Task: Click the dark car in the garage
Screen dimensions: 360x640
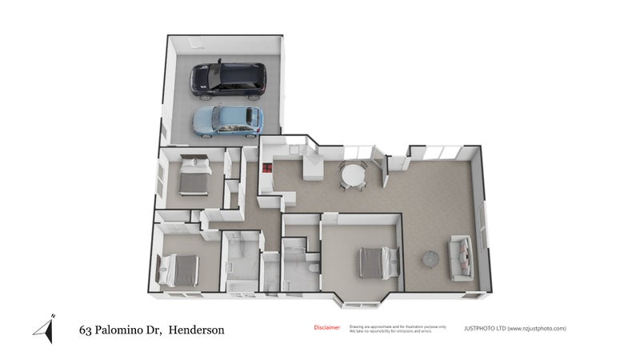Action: [226, 78]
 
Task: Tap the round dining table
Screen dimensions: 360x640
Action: [353, 174]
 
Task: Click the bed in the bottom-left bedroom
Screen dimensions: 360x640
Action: [179, 269]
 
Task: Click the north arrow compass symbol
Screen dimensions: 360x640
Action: [46, 328]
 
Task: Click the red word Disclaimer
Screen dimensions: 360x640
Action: [326, 327]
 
